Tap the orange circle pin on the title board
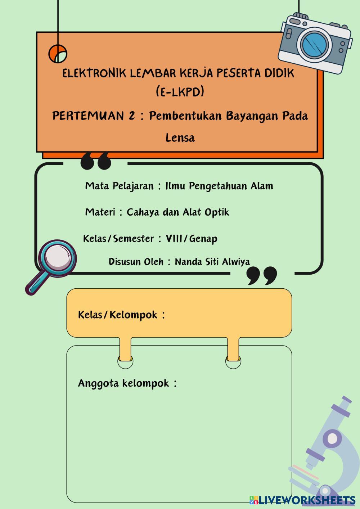58,54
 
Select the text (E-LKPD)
180,92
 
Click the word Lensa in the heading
180,138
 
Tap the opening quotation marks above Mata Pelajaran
95,161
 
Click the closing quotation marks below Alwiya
262,275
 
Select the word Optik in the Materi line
216,212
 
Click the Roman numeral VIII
174,238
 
